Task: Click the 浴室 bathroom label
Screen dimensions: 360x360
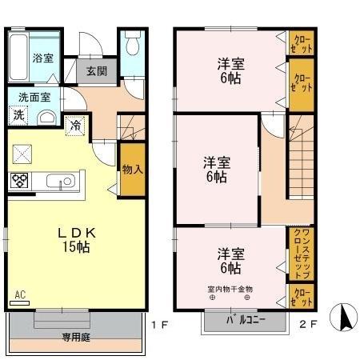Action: point(43,58)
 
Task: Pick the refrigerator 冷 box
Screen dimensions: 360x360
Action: point(74,125)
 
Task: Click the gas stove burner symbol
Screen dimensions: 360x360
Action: point(19,181)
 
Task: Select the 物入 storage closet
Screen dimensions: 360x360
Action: point(131,169)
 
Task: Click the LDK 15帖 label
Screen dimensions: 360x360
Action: point(77,239)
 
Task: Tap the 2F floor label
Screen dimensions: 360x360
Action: point(308,324)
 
